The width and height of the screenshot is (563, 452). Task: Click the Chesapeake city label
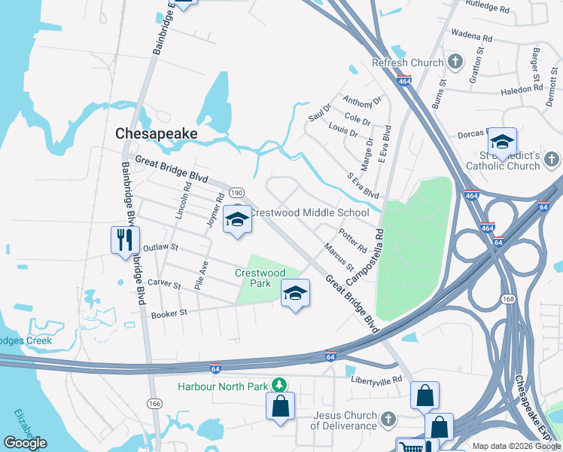tap(156, 133)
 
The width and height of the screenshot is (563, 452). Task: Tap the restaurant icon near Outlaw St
tap(125, 240)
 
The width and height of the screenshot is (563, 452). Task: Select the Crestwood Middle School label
tap(309, 212)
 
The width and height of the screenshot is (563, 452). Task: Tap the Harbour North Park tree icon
tap(280, 385)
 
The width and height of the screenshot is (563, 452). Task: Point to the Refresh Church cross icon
tap(455, 61)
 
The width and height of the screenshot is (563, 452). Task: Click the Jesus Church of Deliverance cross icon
tap(388, 418)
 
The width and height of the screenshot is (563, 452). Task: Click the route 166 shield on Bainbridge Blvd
tap(154, 404)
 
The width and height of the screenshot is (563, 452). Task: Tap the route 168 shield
tap(507, 300)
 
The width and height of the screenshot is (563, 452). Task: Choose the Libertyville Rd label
tap(376, 381)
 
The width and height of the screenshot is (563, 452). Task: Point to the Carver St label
tap(165, 286)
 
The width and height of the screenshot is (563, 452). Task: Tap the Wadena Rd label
tap(471, 36)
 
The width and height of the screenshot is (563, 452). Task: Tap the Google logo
tap(25, 443)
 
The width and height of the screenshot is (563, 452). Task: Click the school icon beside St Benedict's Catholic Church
tap(501, 142)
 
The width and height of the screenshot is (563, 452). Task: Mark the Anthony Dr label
tap(362, 100)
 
